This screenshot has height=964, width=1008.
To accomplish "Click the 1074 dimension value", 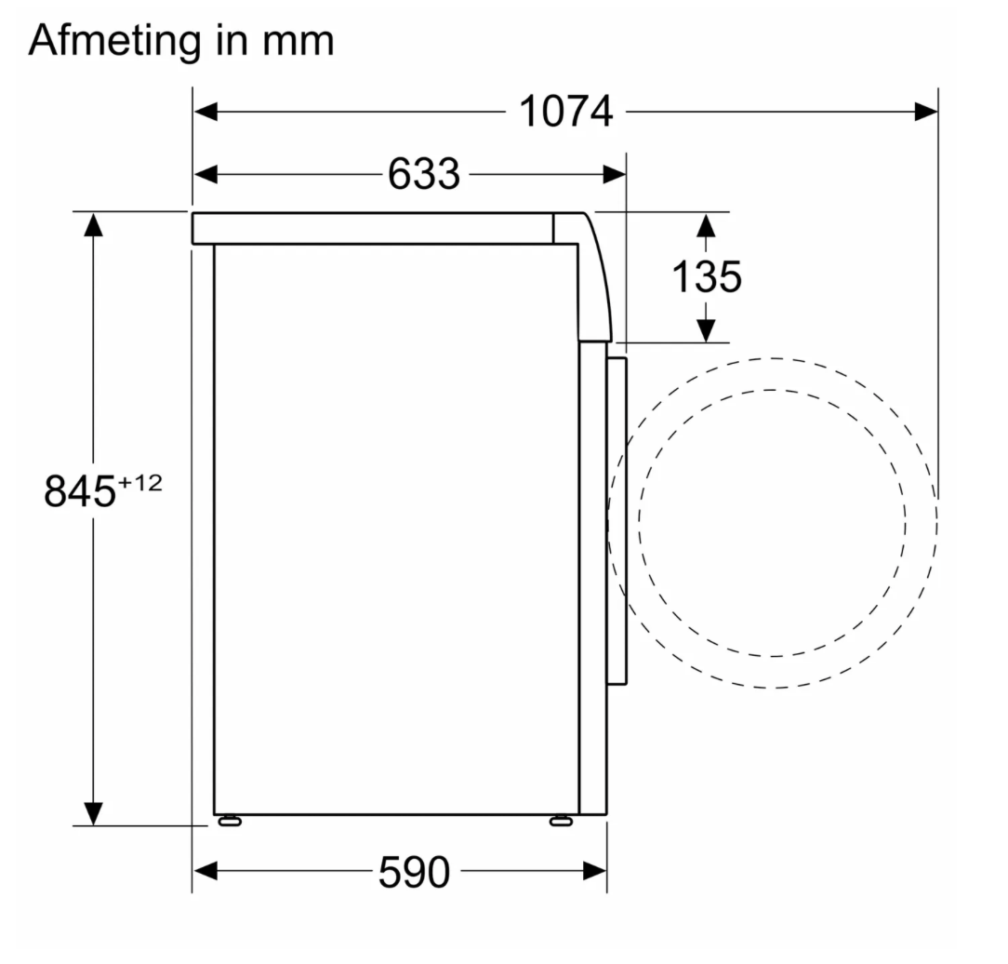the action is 565,112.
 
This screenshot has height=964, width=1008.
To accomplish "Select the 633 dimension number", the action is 424,174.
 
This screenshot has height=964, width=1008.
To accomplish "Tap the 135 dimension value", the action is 706,276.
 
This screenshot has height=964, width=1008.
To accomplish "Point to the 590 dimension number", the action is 414,872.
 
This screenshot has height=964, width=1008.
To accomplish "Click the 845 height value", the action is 80,490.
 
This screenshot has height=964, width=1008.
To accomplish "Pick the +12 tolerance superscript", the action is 140,482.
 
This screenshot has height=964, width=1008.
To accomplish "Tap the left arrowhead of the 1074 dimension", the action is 206,112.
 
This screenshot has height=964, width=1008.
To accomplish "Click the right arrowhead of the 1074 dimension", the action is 926,112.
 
